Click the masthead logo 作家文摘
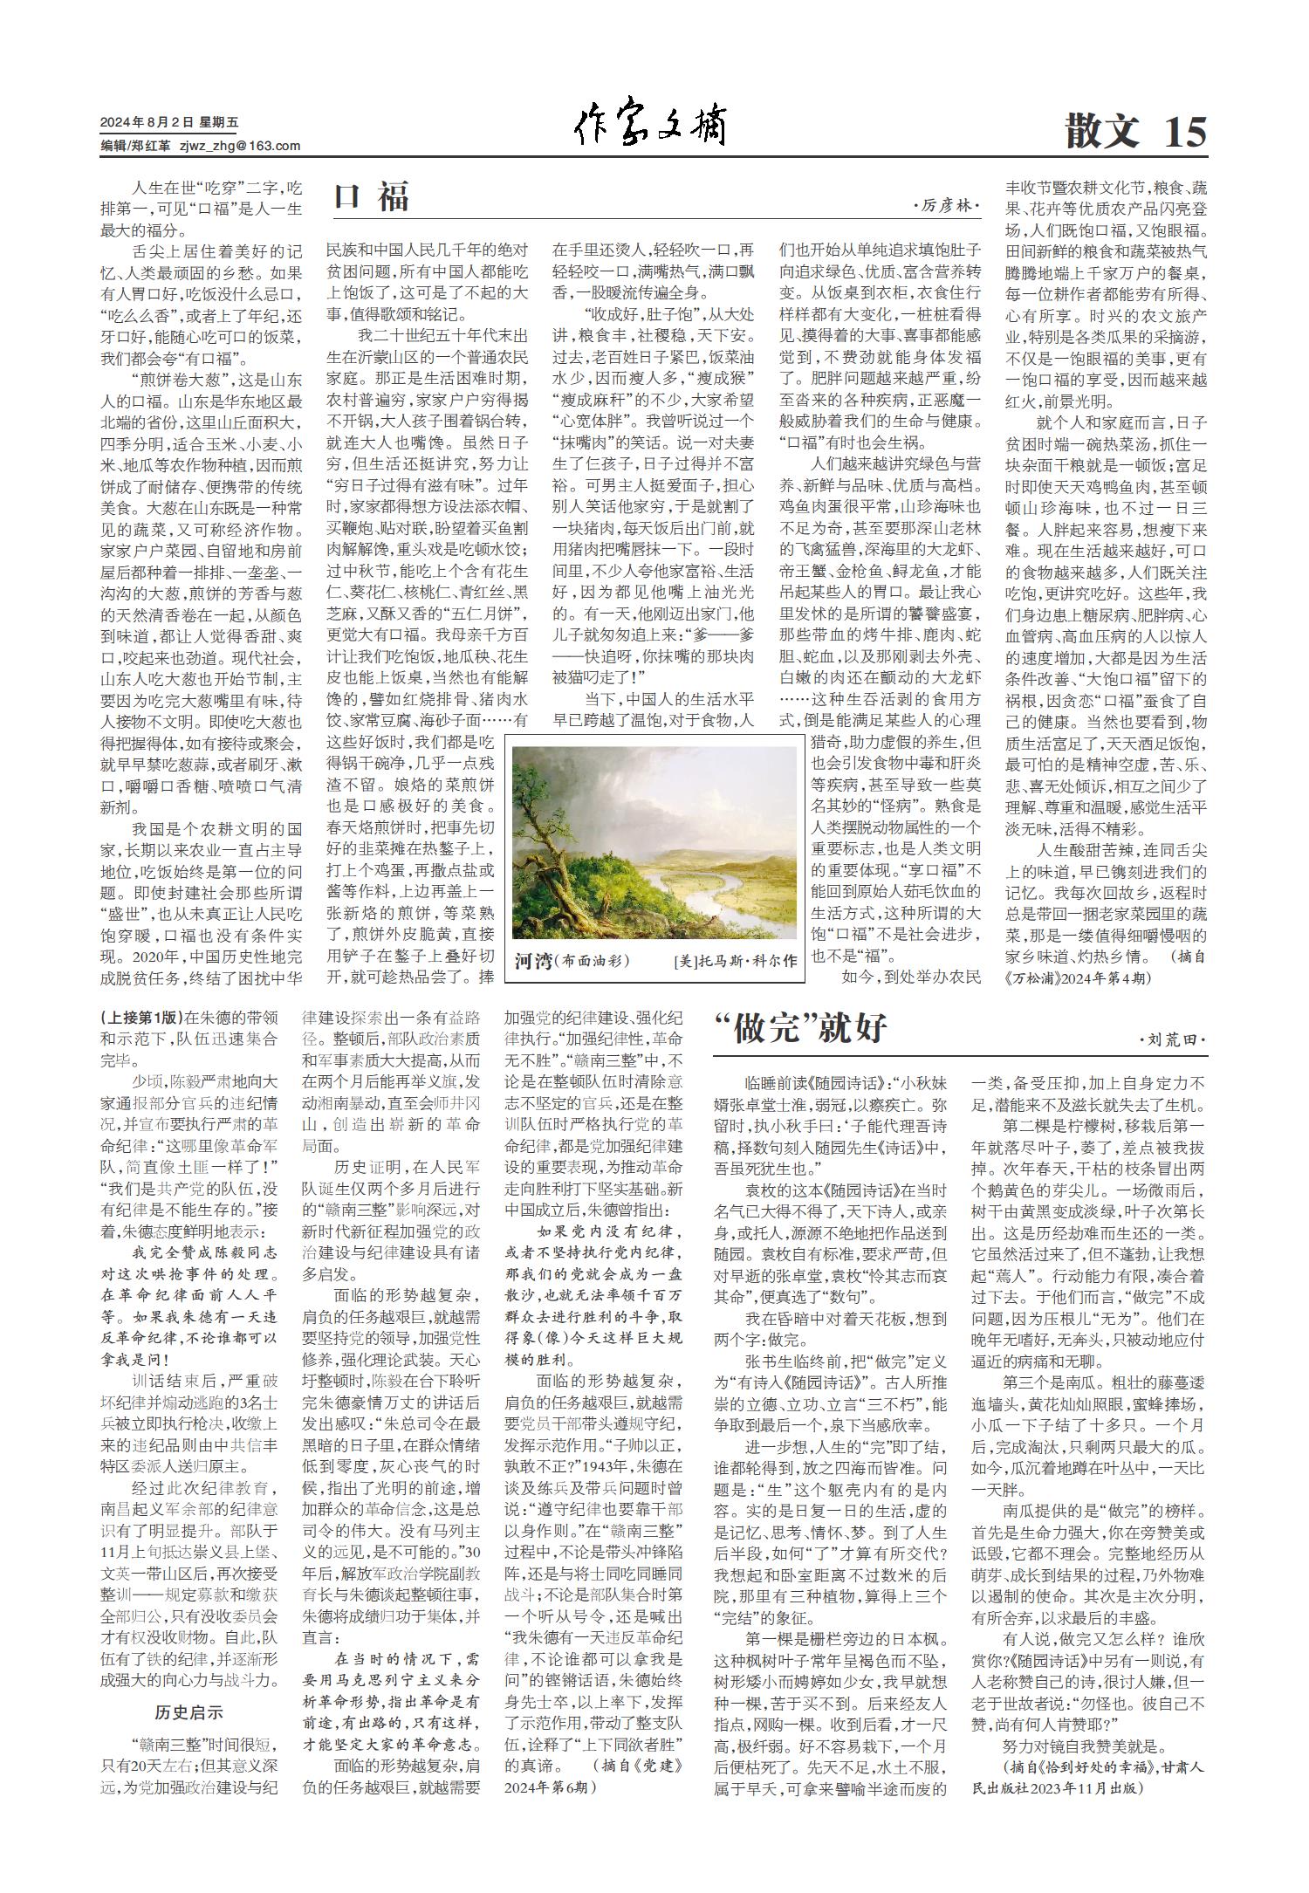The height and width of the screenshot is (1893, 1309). click(651, 129)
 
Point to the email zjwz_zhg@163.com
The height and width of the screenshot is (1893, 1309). click(240, 146)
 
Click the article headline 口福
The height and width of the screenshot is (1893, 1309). click(372, 197)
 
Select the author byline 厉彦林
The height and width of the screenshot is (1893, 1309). click(946, 206)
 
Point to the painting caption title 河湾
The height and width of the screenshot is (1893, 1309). click(533, 961)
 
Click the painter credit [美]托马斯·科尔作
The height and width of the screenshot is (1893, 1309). click(735, 962)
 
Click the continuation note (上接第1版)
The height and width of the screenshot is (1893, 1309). click(141, 1017)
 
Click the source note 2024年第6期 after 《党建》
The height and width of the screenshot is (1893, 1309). click(551, 1787)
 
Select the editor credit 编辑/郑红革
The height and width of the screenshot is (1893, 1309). click(135, 146)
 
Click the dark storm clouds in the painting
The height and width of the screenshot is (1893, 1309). click(611, 768)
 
